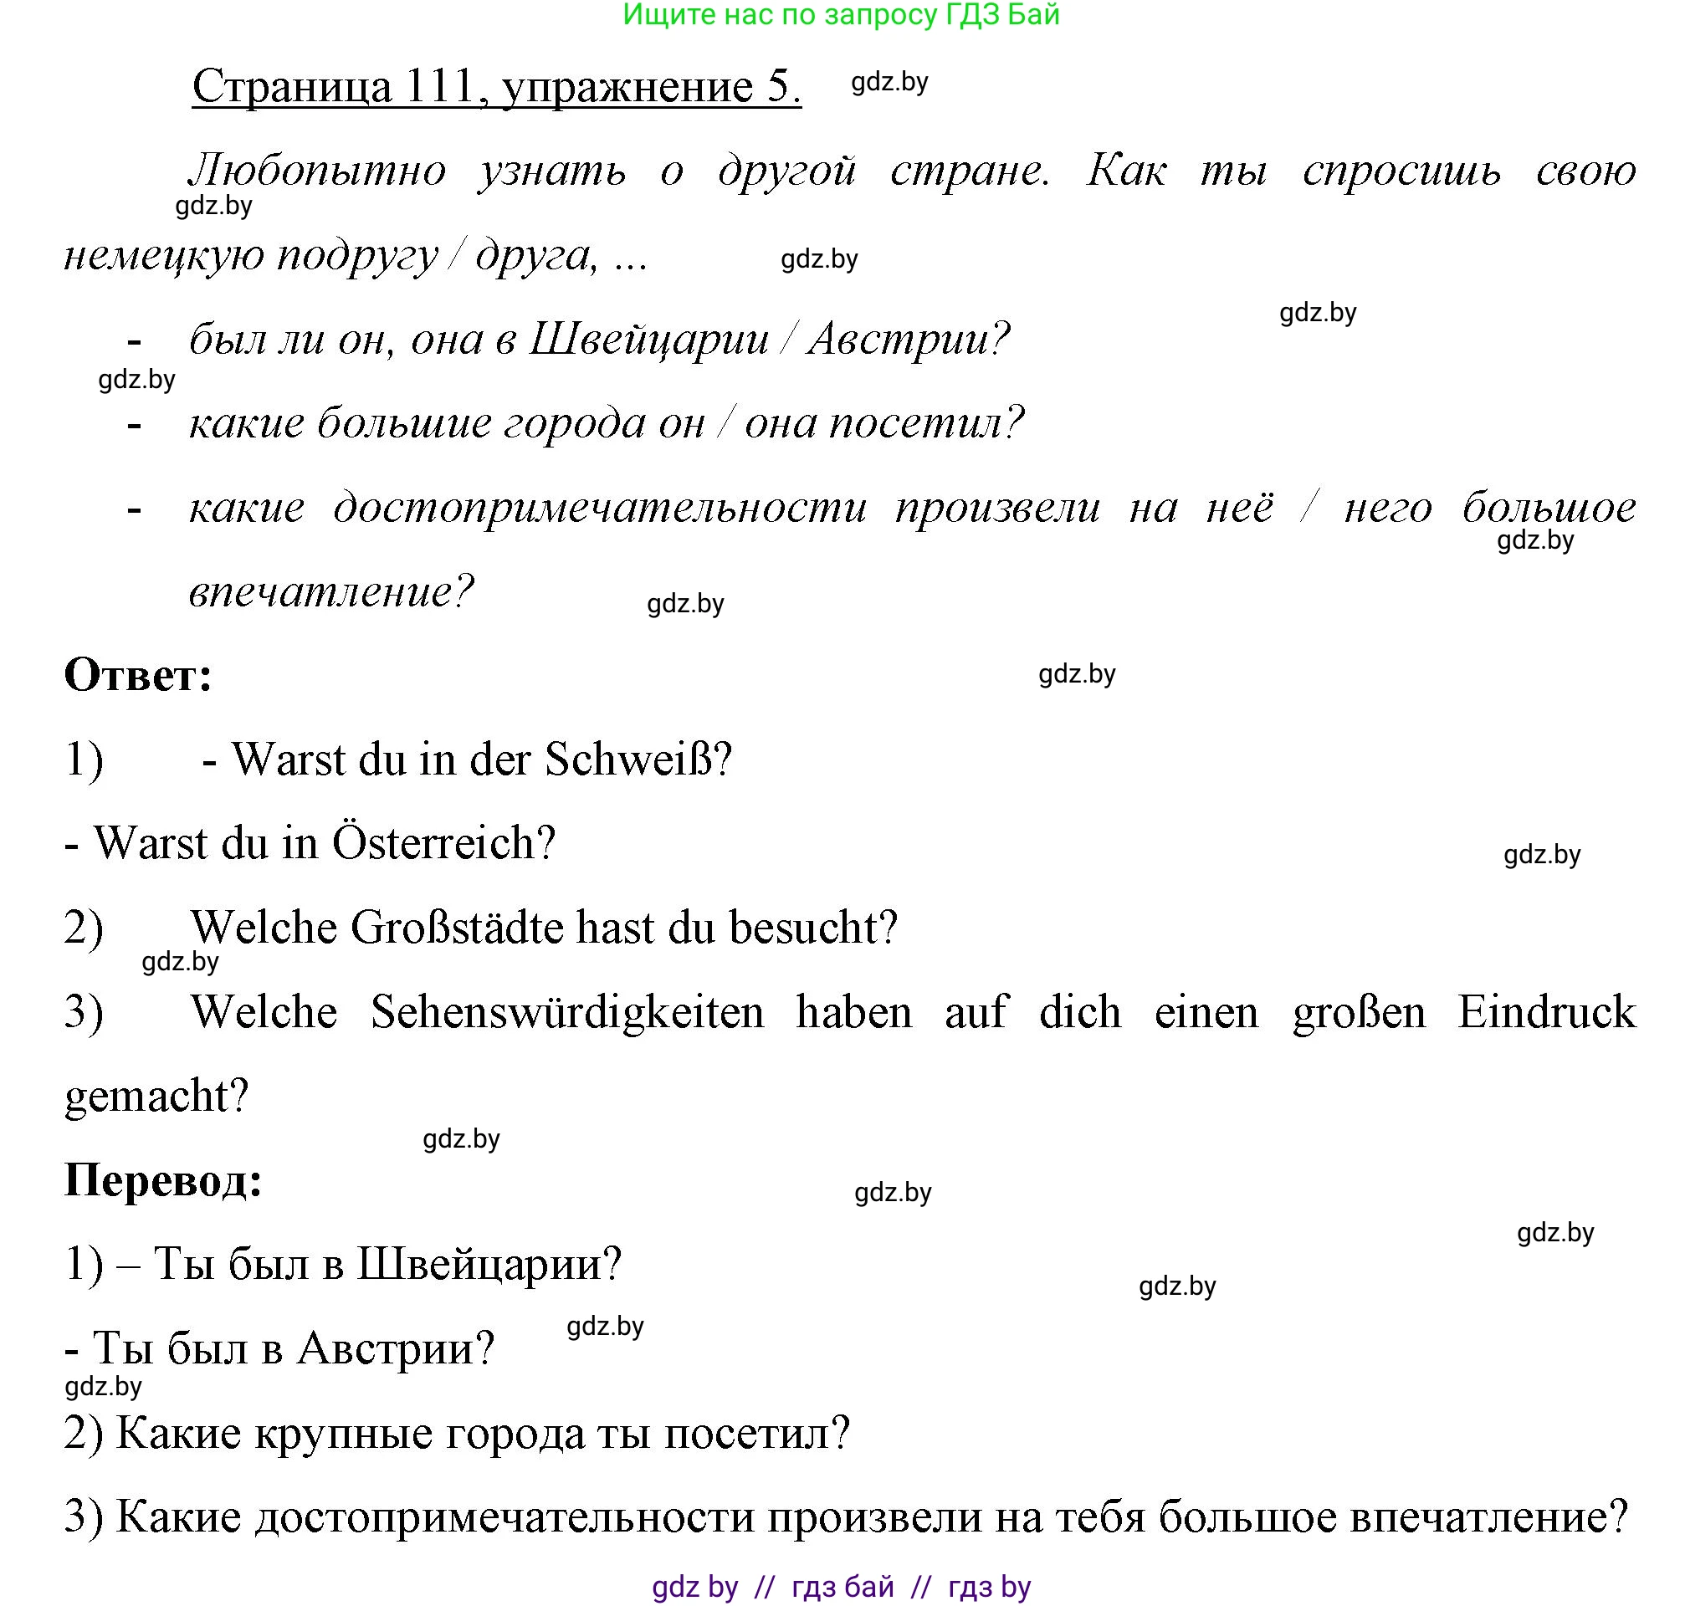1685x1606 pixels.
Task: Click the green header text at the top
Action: point(841,14)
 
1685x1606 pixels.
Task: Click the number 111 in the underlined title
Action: point(439,86)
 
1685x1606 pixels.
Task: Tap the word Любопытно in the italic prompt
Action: point(318,170)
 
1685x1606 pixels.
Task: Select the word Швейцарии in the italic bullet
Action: point(649,339)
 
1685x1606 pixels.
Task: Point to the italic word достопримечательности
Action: point(600,508)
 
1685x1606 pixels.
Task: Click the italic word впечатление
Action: point(330,591)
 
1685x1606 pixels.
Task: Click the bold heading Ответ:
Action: point(138,676)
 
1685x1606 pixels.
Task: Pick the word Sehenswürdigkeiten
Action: point(566,1012)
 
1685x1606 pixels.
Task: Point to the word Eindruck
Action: point(1546,1012)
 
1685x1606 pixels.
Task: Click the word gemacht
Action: point(156,1096)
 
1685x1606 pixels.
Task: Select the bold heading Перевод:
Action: point(162,1179)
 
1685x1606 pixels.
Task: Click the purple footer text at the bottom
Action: point(841,1586)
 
